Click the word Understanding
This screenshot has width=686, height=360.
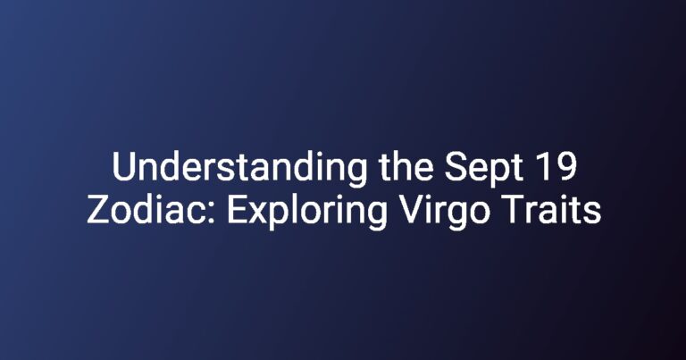(239, 169)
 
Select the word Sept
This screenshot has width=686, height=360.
(484, 169)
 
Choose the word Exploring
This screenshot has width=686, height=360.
(306, 212)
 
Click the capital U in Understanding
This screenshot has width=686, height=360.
(124, 167)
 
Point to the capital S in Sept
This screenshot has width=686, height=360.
(456, 167)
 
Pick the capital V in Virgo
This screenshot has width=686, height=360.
(412, 210)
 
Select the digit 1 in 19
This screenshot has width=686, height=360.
(544, 167)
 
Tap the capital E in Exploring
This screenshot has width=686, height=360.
(237, 210)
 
